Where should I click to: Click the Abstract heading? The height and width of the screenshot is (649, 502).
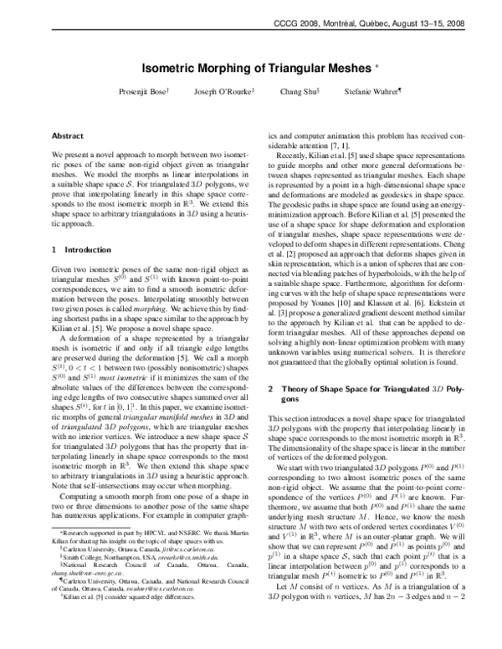pyautogui.click(x=68, y=135)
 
